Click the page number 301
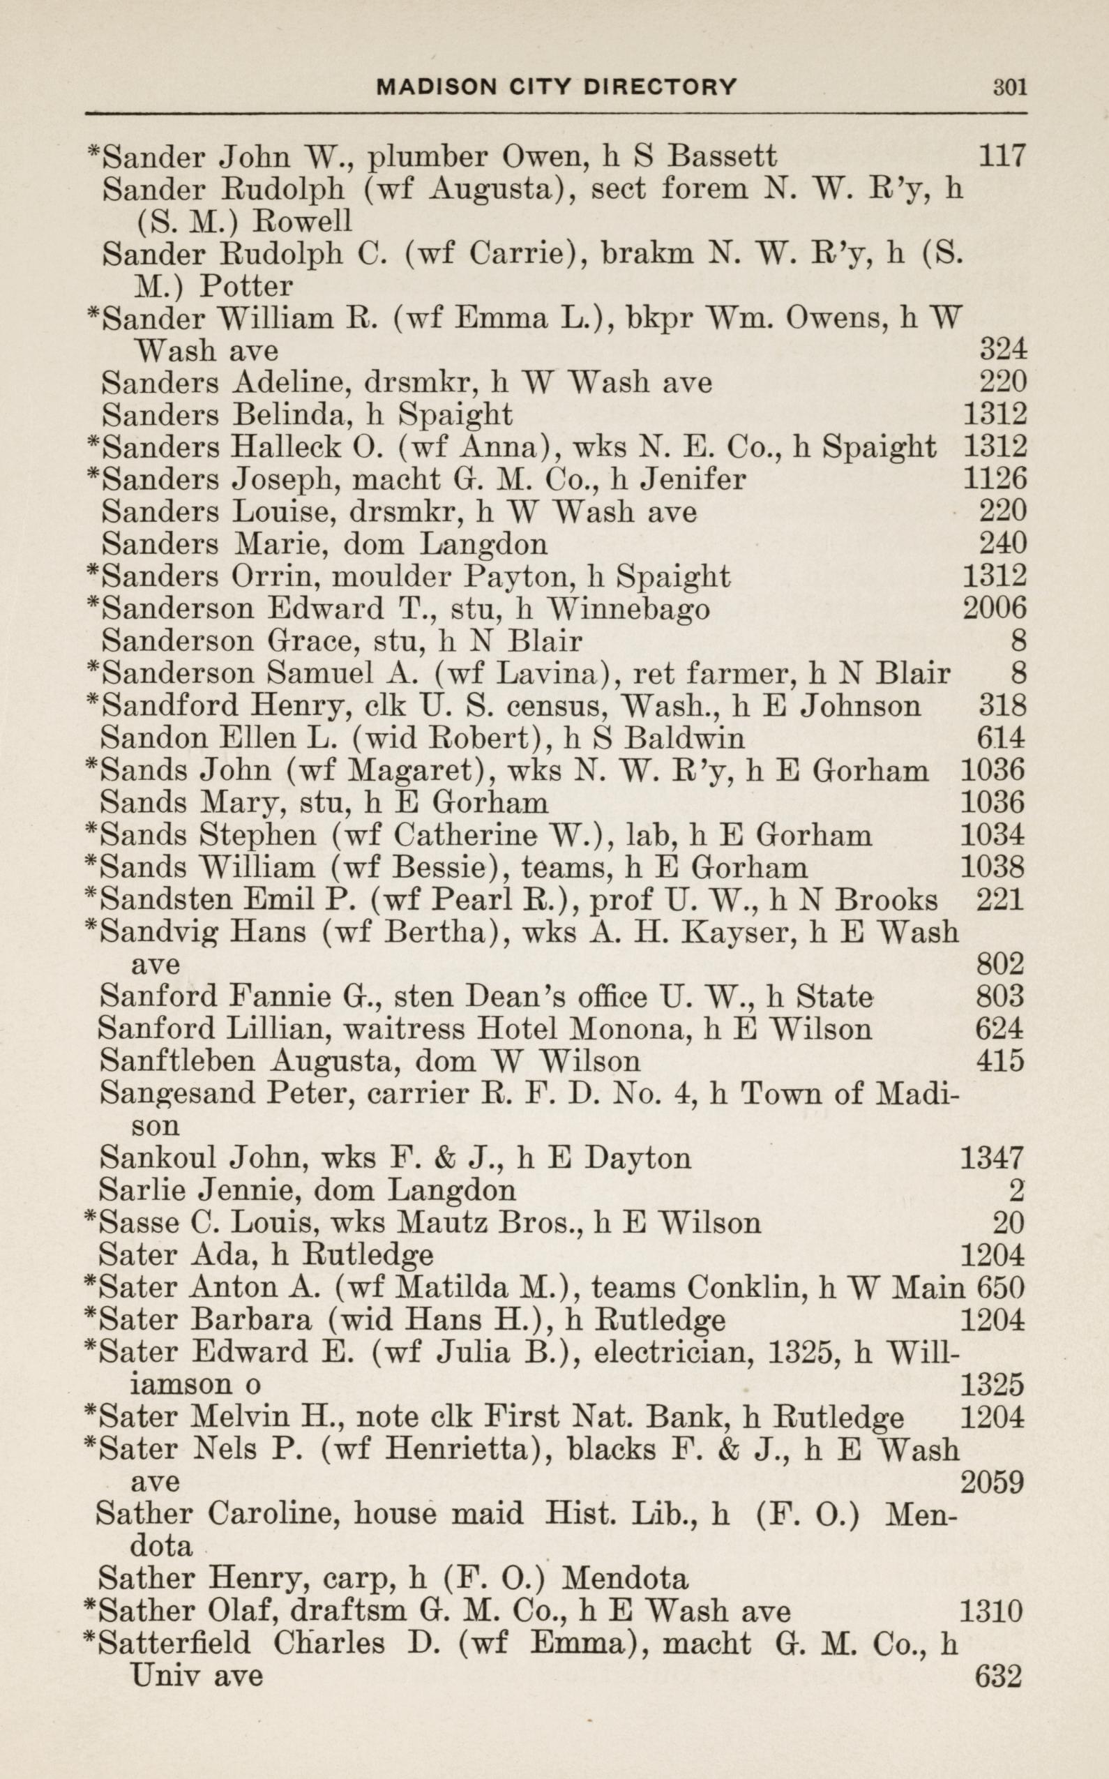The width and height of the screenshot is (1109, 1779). point(1009,87)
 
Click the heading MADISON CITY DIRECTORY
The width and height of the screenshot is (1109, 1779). point(556,87)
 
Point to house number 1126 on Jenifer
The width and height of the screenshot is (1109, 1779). point(994,480)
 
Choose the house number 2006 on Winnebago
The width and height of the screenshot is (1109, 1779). point(994,609)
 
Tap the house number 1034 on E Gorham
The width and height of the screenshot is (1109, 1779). point(992,835)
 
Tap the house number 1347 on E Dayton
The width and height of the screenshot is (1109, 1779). point(991,1157)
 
